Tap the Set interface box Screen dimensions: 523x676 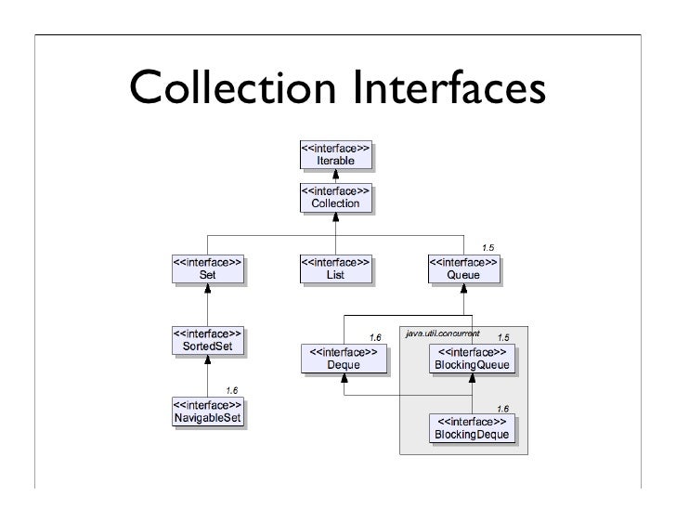(x=207, y=268)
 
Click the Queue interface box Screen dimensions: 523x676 (x=462, y=268)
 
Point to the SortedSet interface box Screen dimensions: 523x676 (x=207, y=340)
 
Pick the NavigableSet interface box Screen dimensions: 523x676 (x=207, y=411)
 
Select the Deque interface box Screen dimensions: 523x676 (x=343, y=360)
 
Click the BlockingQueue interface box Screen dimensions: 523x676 (x=471, y=360)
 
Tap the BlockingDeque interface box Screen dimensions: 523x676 (x=471, y=428)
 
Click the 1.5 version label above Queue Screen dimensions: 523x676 (x=487, y=247)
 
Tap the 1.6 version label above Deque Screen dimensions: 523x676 (x=376, y=336)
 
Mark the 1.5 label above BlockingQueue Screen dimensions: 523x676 (x=503, y=337)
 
